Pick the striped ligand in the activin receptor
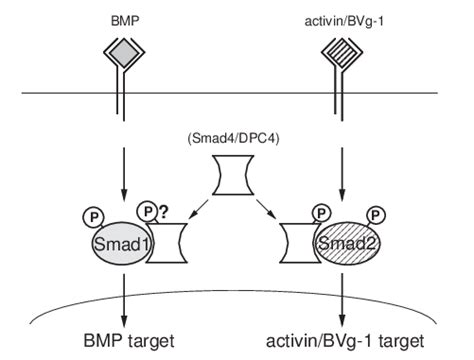(x=345, y=59)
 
